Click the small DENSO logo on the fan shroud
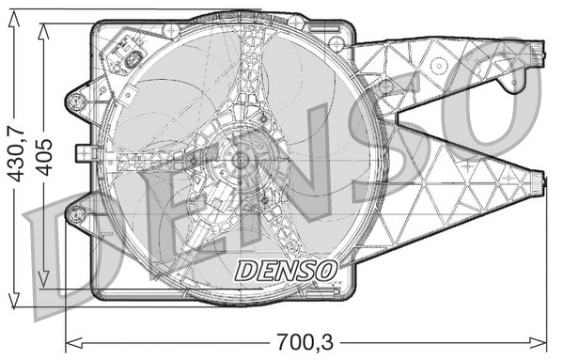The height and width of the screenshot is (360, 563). click(285, 271)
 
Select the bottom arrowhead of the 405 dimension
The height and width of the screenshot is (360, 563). click(43, 284)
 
